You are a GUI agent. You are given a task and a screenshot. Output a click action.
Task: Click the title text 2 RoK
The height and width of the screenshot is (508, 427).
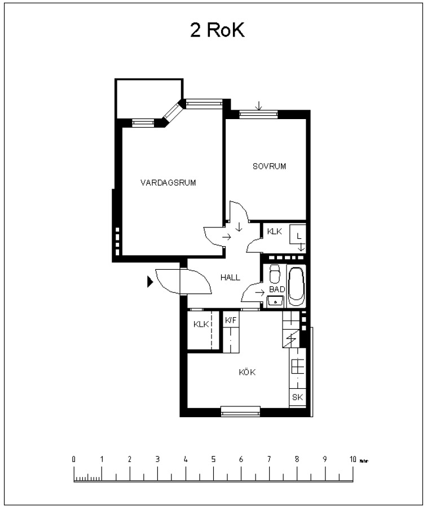click(217, 30)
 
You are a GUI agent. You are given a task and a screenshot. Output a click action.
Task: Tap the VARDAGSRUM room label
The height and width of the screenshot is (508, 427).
click(168, 183)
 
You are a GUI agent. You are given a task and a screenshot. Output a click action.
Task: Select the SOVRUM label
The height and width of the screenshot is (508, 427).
click(270, 166)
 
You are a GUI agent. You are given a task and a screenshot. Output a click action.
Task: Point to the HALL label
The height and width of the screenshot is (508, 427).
click(230, 277)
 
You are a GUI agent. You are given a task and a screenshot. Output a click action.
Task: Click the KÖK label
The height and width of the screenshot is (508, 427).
click(247, 372)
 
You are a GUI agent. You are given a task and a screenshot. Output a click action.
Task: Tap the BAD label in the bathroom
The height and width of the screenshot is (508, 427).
click(277, 289)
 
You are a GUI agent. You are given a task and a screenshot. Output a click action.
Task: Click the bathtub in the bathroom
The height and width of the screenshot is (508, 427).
click(296, 286)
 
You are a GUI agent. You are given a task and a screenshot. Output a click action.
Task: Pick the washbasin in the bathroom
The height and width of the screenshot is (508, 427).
click(275, 301)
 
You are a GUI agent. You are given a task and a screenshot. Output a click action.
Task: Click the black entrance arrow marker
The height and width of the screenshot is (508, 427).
click(150, 282)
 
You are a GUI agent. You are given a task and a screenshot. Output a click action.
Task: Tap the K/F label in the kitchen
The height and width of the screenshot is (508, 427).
click(231, 321)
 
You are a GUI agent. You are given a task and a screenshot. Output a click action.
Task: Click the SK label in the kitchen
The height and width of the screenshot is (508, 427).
click(297, 397)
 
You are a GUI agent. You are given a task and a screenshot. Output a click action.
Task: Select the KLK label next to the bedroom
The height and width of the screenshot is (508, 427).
click(275, 231)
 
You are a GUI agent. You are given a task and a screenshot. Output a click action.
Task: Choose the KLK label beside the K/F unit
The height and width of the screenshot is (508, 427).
click(201, 325)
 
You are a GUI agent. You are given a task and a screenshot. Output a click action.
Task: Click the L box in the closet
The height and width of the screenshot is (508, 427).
click(297, 234)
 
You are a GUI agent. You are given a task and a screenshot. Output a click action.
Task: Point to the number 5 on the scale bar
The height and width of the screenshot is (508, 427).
click(213, 459)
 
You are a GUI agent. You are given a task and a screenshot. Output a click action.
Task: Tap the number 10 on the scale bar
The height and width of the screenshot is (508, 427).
click(353, 459)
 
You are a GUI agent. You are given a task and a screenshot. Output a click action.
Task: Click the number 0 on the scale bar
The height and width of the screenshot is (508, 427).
click(74, 459)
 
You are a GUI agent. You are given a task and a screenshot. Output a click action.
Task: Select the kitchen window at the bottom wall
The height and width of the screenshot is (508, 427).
click(240, 411)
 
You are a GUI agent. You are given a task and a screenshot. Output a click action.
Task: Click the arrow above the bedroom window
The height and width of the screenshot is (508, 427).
click(258, 106)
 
